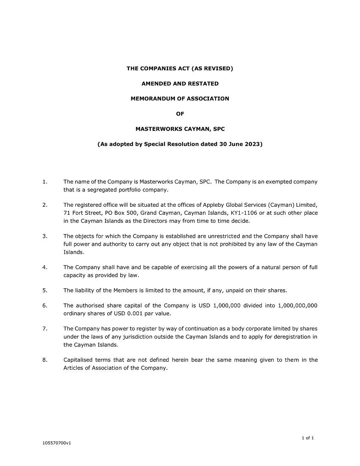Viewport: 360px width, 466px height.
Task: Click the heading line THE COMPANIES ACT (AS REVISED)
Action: tap(180, 68)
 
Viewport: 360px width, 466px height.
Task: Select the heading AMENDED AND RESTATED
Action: tap(180, 83)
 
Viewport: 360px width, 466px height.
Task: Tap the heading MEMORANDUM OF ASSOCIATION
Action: tap(180, 99)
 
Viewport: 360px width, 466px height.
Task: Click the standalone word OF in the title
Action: tap(180, 114)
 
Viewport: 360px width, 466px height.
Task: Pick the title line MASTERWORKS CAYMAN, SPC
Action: tap(180, 129)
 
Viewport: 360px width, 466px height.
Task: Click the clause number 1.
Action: tap(44, 182)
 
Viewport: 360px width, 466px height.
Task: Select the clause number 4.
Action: tap(44, 267)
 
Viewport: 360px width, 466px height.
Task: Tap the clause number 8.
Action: tap(44, 360)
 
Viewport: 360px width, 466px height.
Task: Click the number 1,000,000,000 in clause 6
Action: tap(298, 306)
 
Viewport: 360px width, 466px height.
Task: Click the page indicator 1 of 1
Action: tap(308, 438)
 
